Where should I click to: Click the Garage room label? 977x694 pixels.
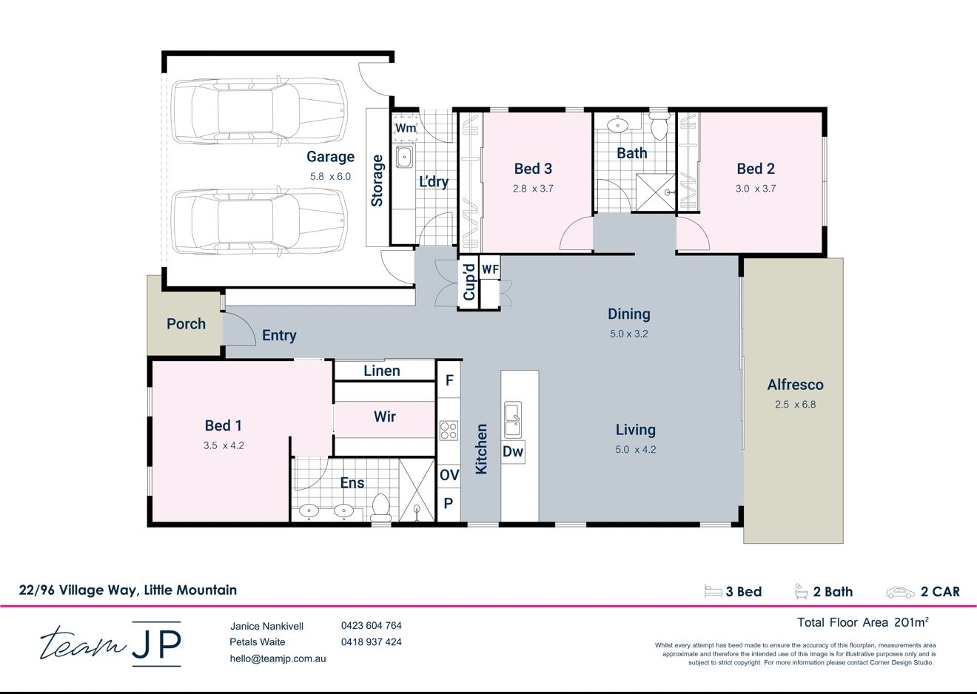(x=330, y=157)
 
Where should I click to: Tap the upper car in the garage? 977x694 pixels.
(x=259, y=111)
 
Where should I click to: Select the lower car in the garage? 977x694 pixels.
(x=259, y=222)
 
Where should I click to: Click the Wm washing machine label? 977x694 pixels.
(x=406, y=128)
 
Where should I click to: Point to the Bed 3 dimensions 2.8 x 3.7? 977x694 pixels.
(x=533, y=189)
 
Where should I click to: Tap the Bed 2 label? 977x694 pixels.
(x=756, y=169)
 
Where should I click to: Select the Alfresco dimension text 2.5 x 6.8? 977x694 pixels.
(x=795, y=405)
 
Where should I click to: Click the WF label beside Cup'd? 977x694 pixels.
(x=490, y=270)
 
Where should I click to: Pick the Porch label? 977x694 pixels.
(x=186, y=324)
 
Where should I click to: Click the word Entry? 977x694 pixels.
(x=279, y=336)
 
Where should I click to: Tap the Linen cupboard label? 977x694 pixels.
(x=382, y=371)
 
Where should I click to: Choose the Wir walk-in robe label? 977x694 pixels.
(x=385, y=417)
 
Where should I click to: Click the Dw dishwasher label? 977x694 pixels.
(x=513, y=451)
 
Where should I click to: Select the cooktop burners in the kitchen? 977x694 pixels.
(x=448, y=430)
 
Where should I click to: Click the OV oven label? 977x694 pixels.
(x=449, y=475)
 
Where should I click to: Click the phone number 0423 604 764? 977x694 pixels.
(x=371, y=625)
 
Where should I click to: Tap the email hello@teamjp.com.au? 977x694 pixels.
(x=278, y=658)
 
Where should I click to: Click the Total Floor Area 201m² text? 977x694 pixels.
(x=862, y=622)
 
